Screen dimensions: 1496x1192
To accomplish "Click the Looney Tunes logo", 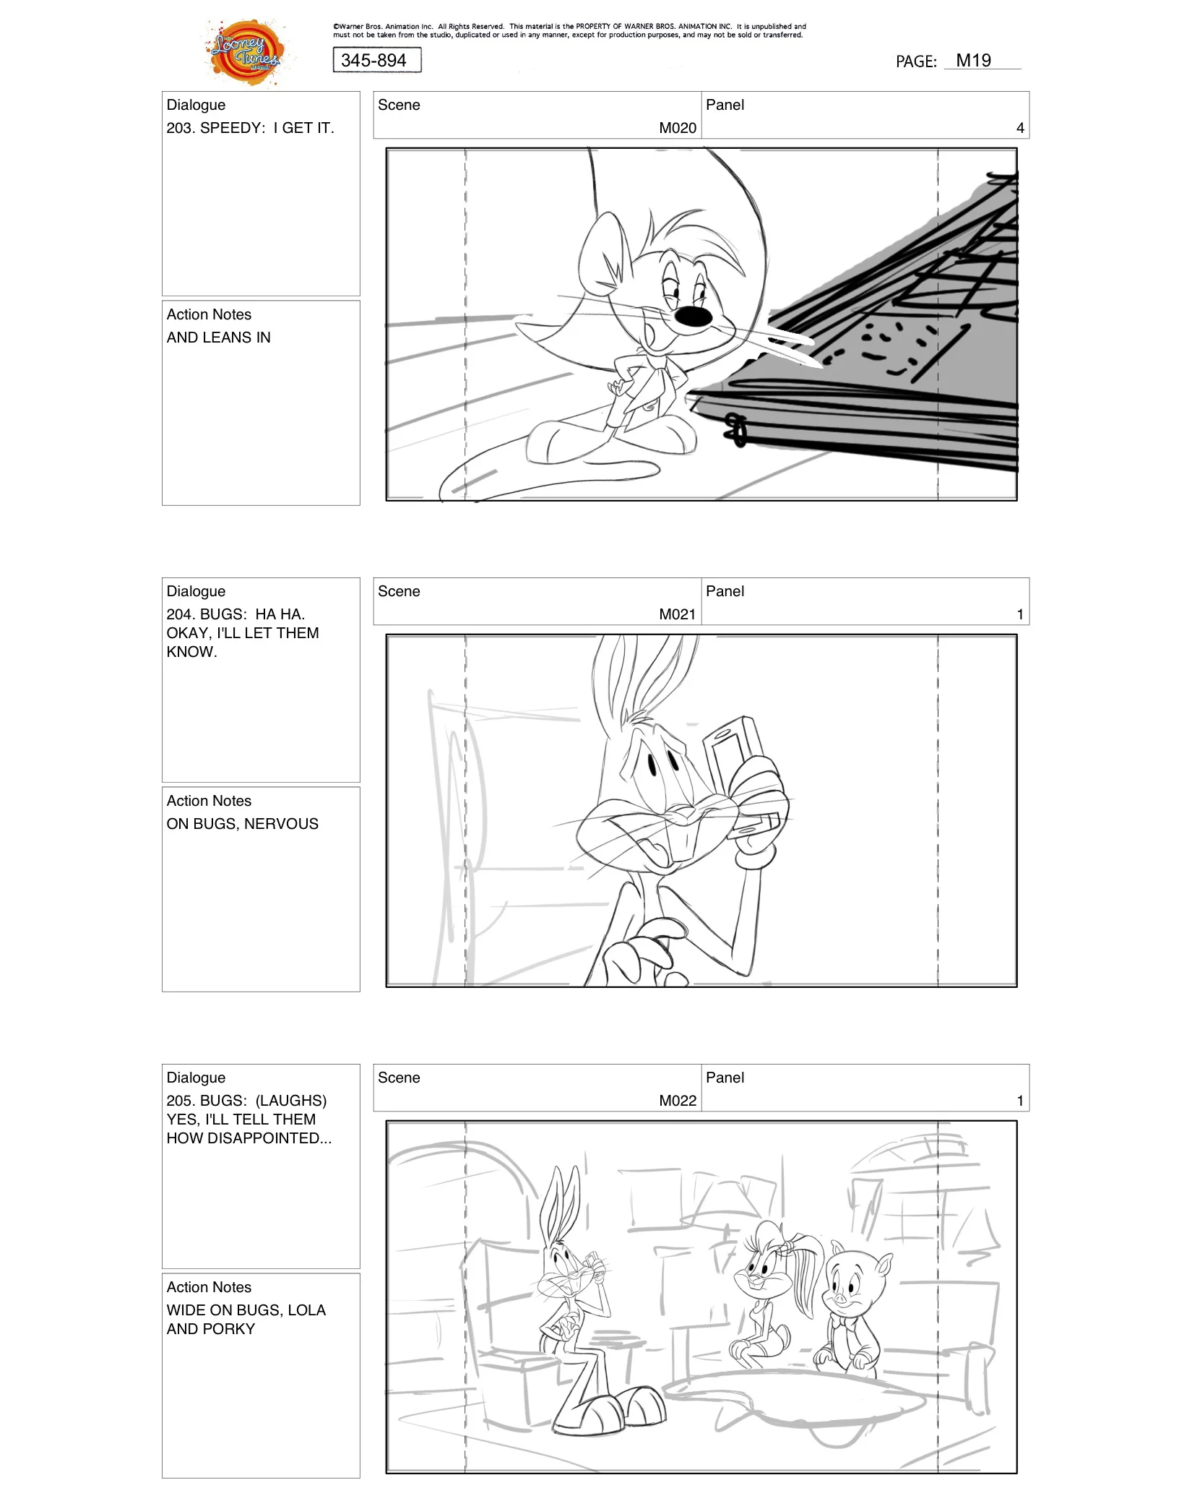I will pyautogui.click(x=246, y=52).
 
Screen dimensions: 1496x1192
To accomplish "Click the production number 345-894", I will pyautogui.click(x=374, y=61).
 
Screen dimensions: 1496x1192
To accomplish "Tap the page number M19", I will pyautogui.click(x=973, y=61).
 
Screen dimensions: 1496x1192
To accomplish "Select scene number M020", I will pyautogui.click(x=677, y=128).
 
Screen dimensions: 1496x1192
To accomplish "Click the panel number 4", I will pyautogui.click(x=1019, y=128).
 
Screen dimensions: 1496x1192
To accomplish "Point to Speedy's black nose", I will pyautogui.click(x=692, y=316).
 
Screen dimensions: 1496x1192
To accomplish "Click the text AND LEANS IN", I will pyautogui.click(x=218, y=338).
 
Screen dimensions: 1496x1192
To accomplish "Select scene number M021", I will pyautogui.click(x=677, y=614).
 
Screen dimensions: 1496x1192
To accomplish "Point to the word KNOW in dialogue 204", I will pyautogui.click(x=190, y=652).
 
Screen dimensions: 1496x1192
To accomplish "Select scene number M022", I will pyautogui.click(x=677, y=1101).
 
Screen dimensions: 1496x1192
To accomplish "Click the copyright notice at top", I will pyautogui.click(x=569, y=30).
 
